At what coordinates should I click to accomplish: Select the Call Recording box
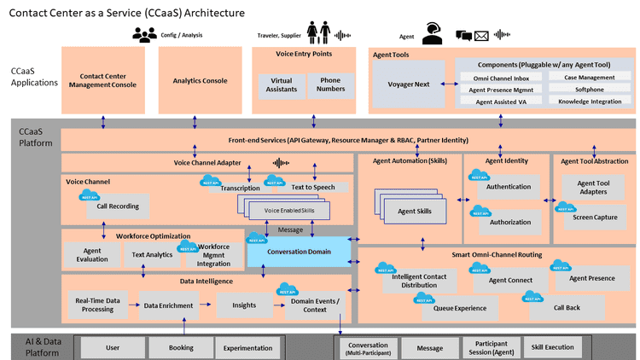click(118, 206)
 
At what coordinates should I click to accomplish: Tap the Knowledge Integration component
click(585, 101)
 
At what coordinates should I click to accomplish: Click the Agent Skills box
click(414, 211)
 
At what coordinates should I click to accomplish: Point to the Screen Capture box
click(595, 216)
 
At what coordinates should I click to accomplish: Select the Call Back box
click(567, 306)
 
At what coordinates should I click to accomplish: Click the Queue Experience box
click(460, 307)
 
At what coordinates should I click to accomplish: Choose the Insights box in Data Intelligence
click(243, 305)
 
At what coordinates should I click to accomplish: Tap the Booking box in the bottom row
click(180, 348)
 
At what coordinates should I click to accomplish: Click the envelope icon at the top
click(481, 36)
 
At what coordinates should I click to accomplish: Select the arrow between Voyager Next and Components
click(445, 84)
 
